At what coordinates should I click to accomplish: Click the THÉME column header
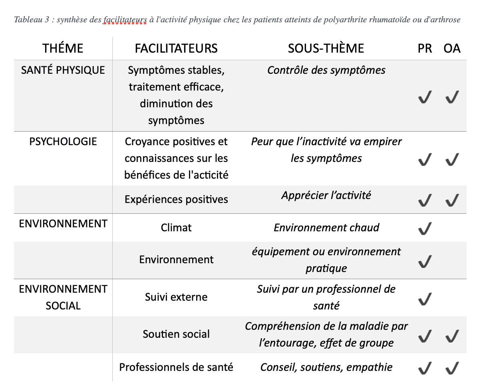[x=63, y=48]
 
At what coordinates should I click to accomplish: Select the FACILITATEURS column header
[x=176, y=48]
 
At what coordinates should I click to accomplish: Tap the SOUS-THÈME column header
[x=326, y=48]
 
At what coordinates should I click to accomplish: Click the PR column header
[x=425, y=48]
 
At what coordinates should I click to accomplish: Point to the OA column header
[x=452, y=48]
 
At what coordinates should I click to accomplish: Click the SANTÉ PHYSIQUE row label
[x=63, y=70]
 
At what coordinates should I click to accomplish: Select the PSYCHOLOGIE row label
[x=63, y=141]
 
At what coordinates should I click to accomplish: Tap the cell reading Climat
[x=176, y=228]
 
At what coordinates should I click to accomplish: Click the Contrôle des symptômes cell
[x=326, y=71]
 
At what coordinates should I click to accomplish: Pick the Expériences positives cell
[x=176, y=199]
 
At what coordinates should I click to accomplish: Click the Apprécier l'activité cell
[x=326, y=195]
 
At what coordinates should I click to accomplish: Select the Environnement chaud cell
[x=326, y=228]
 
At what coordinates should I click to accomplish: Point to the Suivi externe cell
[x=176, y=297]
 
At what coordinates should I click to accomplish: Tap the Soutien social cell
[x=176, y=334]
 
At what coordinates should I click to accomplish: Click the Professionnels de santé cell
[x=176, y=367]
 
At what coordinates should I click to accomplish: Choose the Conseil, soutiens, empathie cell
[x=326, y=367]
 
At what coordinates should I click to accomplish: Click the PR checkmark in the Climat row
[x=425, y=228]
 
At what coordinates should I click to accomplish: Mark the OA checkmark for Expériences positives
[x=452, y=200]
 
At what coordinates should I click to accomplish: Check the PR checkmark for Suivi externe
[x=425, y=299]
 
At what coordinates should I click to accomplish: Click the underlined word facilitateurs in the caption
[x=124, y=20]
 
